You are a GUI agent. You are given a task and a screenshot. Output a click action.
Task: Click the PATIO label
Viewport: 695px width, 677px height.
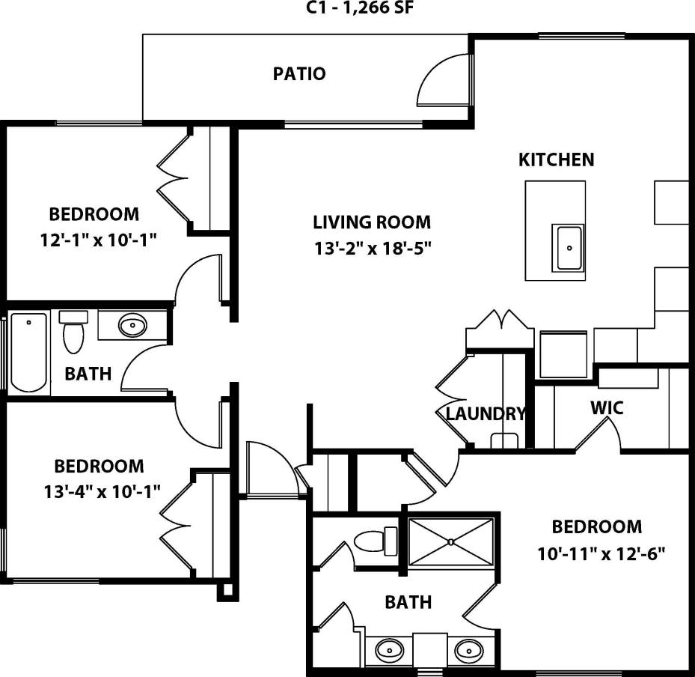pyautogui.click(x=299, y=74)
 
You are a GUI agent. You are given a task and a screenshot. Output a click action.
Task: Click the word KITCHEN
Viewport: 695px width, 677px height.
pyautogui.click(x=557, y=160)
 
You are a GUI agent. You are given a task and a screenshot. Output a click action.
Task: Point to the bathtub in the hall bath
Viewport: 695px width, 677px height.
pyautogui.click(x=28, y=350)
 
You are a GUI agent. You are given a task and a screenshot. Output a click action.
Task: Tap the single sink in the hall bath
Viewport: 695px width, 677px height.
pyautogui.click(x=132, y=326)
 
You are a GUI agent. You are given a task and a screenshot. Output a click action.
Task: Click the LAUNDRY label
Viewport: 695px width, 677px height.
pyautogui.click(x=486, y=414)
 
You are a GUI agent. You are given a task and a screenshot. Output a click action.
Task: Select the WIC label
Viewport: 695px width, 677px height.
pyautogui.click(x=607, y=409)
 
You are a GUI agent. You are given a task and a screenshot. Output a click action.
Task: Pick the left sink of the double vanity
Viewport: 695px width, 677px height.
pyautogui.click(x=388, y=648)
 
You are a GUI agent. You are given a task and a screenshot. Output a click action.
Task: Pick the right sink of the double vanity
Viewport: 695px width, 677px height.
pyautogui.click(x=468, y=648)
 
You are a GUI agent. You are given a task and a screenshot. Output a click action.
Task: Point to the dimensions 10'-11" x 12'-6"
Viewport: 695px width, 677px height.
pyautogui.click(x=601, y=554)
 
